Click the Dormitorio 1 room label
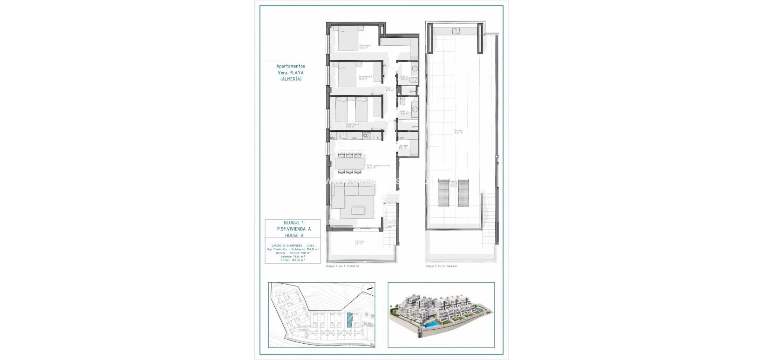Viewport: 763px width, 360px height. tap(365, 46)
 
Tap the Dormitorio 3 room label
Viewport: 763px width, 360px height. tap(352, 125)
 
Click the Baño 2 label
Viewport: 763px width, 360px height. tap(403, 112)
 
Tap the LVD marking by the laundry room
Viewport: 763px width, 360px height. tap(401, 138)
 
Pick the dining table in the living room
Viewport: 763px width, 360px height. tap(349, 163)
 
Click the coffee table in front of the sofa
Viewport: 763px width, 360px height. tap(351, 212)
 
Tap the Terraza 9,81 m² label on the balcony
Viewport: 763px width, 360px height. tap(359, 243)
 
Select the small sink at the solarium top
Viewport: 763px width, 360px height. tap(456, 31)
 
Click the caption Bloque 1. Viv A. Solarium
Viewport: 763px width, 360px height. tap(441, 266)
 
